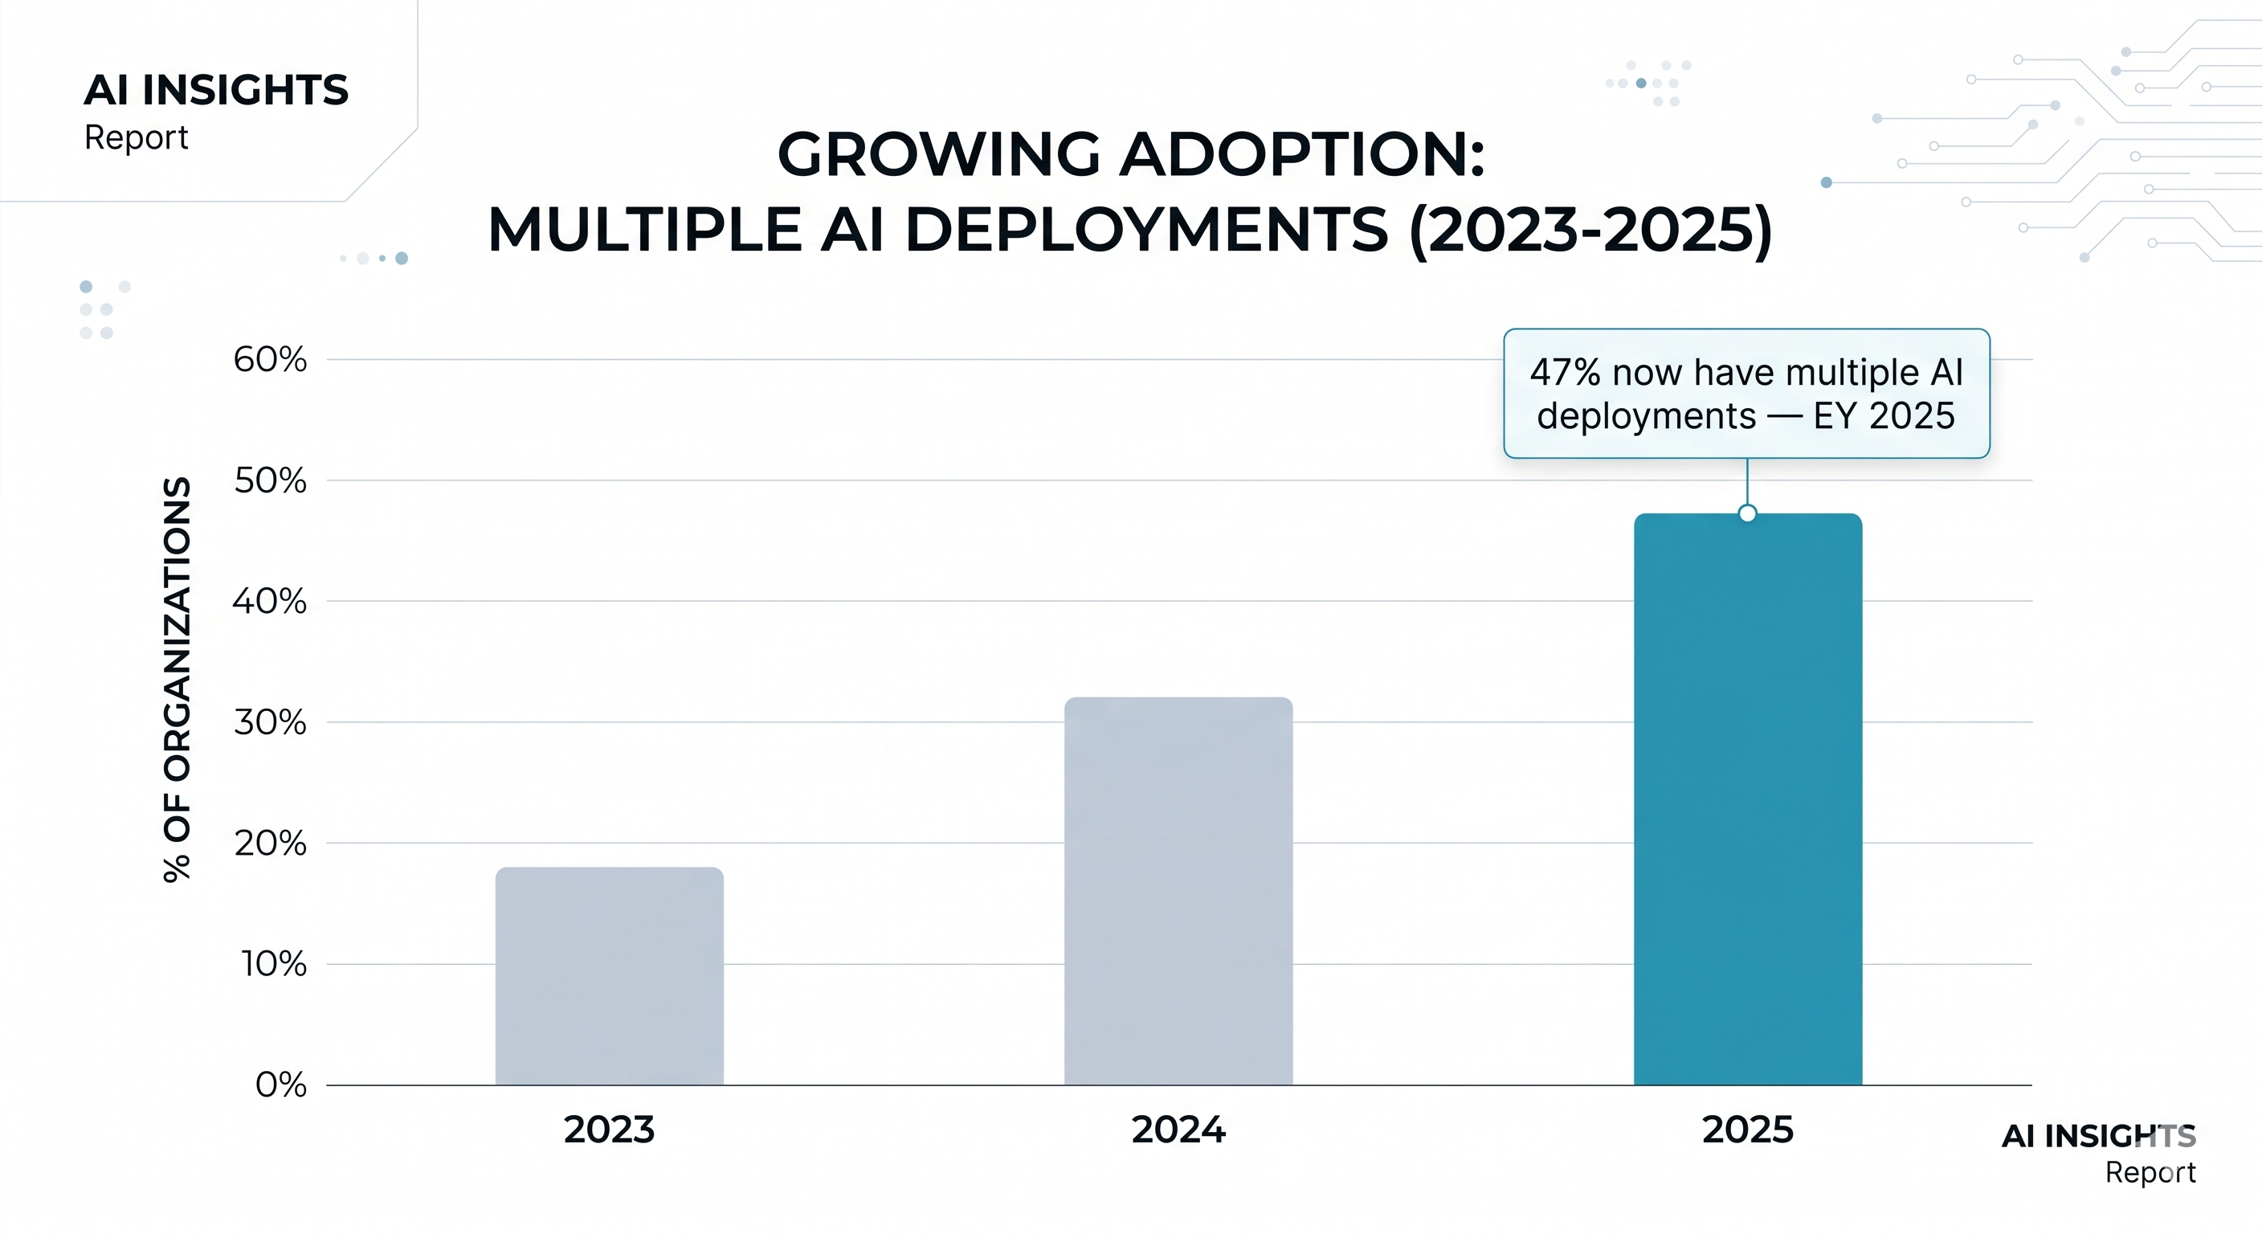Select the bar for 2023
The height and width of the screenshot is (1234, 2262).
[610, 975]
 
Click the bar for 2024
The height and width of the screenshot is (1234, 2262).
[1178, 891]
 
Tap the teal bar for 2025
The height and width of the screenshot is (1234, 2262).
[1747, 799]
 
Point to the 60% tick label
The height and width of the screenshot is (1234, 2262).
[270, 359]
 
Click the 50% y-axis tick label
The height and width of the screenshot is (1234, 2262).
[270, 480]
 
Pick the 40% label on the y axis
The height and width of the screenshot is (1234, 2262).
[270, 602]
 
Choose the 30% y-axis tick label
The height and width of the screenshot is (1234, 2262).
[270, 722]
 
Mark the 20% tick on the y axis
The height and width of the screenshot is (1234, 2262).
[270, 844]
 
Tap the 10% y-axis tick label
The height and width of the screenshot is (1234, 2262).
[274, 964]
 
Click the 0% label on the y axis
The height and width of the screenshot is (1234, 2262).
[281, 1085]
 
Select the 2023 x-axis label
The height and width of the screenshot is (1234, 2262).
[610, 1130]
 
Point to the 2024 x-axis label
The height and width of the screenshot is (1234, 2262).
[1178, 1130]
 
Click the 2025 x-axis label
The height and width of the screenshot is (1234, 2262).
[1747, 1130]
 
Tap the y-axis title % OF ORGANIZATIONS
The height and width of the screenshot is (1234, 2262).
[178, 679]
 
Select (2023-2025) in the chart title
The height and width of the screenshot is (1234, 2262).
[1590, 230]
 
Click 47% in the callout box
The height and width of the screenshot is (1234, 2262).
[1565, 373]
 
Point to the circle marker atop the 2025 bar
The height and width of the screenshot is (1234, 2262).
[1747, 514]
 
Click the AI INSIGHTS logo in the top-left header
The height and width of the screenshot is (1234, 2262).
[216, 90]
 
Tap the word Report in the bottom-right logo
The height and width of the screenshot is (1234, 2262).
[2150, 1172]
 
